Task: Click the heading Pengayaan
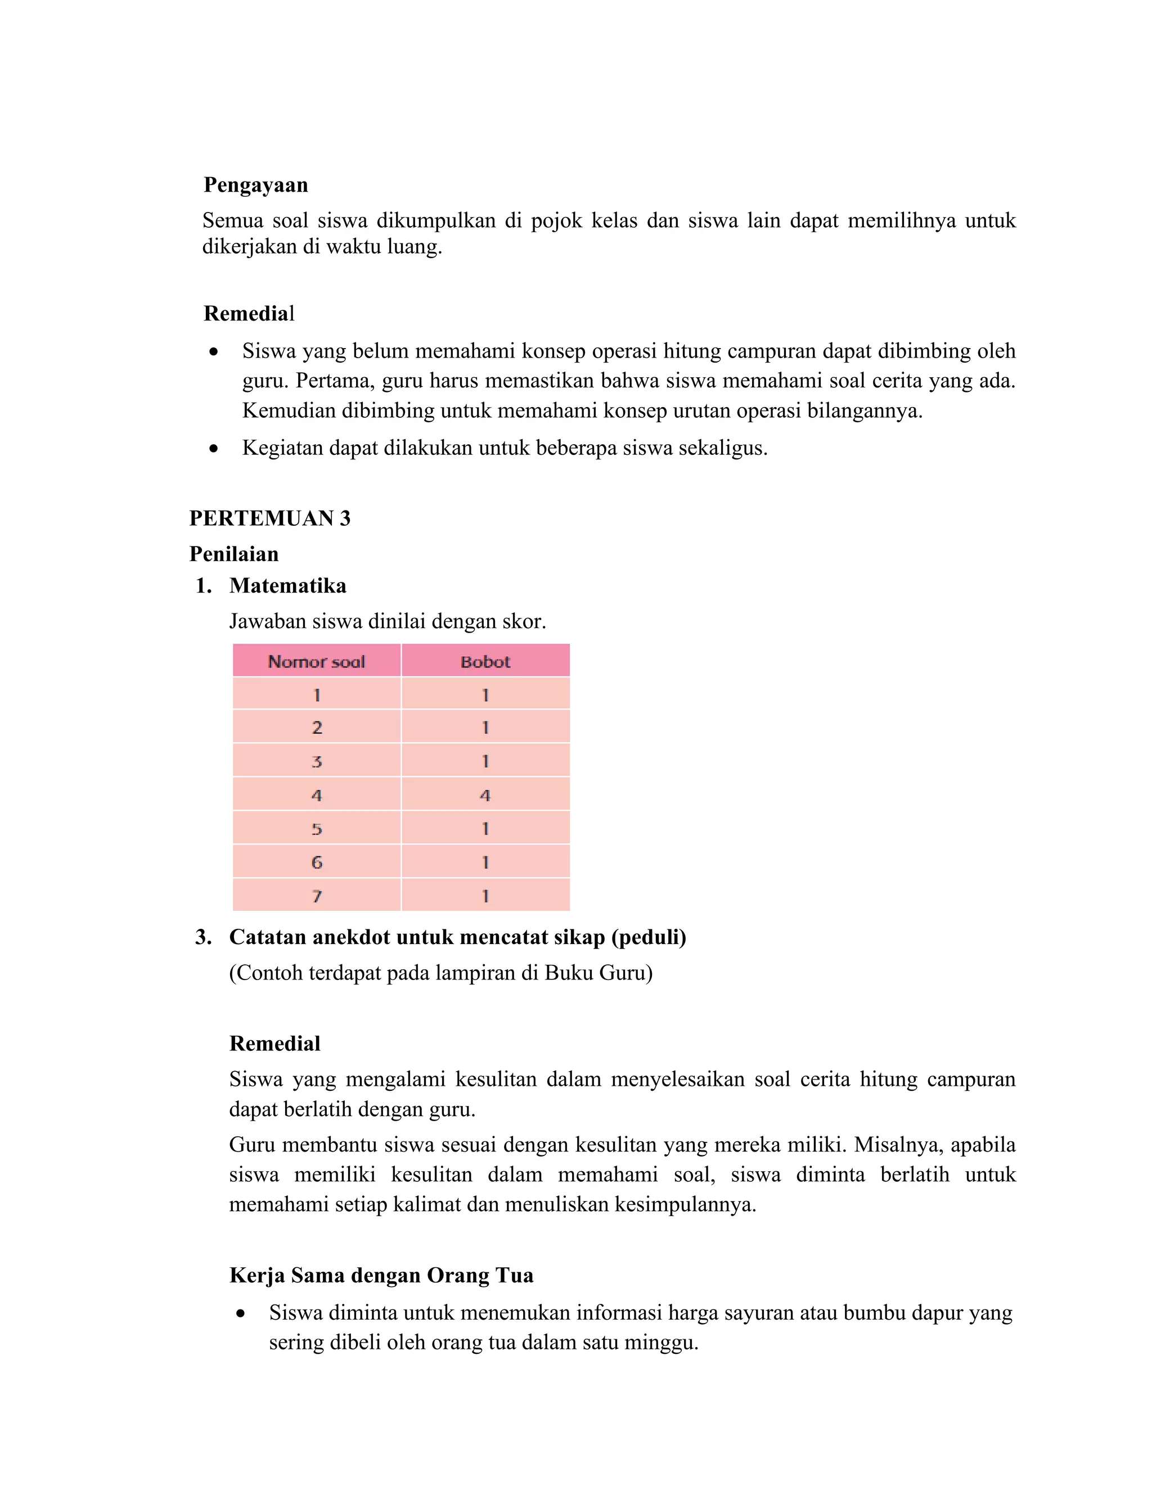pyautogui.click(x=256, y=185)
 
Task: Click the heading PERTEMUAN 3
pyautogui.click(x=269, y=518)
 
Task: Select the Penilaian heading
pyautogui.click(x=233, y=554)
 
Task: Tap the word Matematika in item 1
pyautogui.click(x=287, y=586)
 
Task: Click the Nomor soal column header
pyautogui.click(x=316, y=661)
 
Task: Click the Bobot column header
pyautogui.click(x=485, y=661)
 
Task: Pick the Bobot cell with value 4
pyautogui.click(x=485, y=795)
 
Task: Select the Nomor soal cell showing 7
pyautogui.click(x=316, y=896)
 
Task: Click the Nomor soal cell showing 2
pyautogui.click(x=316, y=727)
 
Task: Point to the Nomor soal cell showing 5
pyautogui.click(x=316, y=829)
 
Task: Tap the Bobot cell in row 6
pyautogui.click(x=485, y=863)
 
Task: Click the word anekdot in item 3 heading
pyautogui.click(x=349, y=937)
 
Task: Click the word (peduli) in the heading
pyautogui.click(x=649, y=937)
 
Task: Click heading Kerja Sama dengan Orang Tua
pyautogui.click(x=381, y=1276)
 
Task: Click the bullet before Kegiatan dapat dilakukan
pyautogui.click(x=214, y=449)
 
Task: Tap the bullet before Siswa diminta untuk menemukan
pyautogui.click(x=240, y=1314)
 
